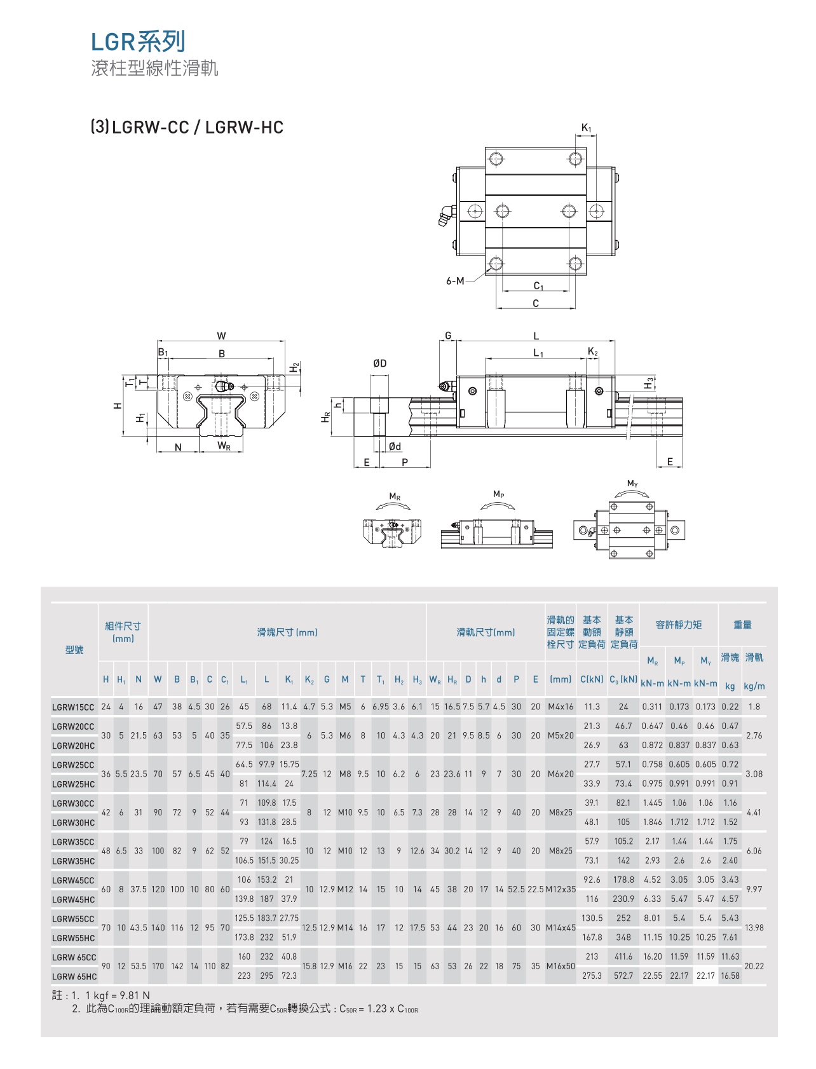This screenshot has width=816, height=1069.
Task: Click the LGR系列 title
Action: coord(138,42)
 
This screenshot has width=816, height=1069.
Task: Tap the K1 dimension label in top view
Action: coord(586,128)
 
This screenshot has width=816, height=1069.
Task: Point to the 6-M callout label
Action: coord(455,281)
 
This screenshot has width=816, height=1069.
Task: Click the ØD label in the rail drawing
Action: coord(379,364)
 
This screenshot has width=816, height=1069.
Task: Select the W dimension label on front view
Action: coord(221,336)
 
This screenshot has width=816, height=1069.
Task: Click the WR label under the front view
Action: coord(224,446)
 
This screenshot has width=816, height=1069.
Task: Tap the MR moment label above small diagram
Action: coord(395,496)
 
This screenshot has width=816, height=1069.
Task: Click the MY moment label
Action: coord(632,484)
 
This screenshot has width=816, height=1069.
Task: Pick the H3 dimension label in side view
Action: coord(648,383)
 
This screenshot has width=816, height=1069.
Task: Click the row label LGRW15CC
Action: coord(73,707)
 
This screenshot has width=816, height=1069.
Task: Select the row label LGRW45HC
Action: coord(73,899)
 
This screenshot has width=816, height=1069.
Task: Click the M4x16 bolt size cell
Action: coord(561,707)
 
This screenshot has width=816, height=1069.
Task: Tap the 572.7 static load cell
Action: coord(623,976)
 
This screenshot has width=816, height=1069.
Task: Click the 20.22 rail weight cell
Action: coord(754,966)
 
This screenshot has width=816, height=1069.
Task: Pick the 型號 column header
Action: coord(74,650)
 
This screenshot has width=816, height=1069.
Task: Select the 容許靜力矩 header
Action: coord(679,625)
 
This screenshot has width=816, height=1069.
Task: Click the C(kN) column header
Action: coord(592,679)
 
